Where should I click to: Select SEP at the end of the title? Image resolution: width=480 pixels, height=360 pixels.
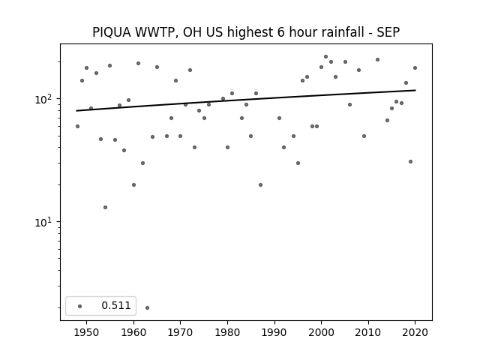pyautogui.click(x=388, y=32)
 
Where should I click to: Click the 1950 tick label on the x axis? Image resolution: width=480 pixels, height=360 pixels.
pyautogui.click(x=87, y=332)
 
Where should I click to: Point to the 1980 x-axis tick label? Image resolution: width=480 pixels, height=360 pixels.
pyautogui.click(x=227, y=332)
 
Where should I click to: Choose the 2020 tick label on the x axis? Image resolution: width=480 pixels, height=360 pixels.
pyautogui.click(x=415, y=332)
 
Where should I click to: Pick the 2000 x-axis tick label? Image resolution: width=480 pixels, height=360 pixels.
pyautogui.click(x=322, y=332)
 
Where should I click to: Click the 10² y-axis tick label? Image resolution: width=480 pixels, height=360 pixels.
pyautogui.click(x=46, y=99)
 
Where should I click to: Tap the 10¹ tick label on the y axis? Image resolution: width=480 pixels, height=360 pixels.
pyautogui.click(x=46, y=222)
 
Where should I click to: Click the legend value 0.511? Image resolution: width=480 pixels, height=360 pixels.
pyautogui.click(x=116, y=305)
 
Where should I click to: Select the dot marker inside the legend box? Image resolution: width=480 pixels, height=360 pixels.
pyautogui.click(x=80, y=306)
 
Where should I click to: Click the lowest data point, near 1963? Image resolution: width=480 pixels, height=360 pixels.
pyautogui.click(x=147, y=307)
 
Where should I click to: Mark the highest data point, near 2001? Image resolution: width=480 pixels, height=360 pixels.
pyautogui.click(x=325, y=57)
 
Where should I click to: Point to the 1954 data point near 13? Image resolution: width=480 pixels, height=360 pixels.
pyautogui.click(x=105, y=207)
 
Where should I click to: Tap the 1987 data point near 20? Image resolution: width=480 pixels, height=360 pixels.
pyautogui.click(x=260, y=185)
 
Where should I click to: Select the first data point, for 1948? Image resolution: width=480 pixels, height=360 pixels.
pyautogui.click(x=77, y=127)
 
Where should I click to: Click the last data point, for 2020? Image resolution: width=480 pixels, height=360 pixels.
pyautogui.click(x=415, y=68)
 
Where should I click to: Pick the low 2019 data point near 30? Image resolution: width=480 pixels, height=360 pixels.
pyautogui.click(x=410, y=162)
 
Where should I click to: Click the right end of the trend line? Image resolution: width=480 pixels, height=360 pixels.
pyautogui.click(x=415, y=90)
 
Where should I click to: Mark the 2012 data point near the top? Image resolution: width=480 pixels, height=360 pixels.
pyautogui.click(x=377, y=60)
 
